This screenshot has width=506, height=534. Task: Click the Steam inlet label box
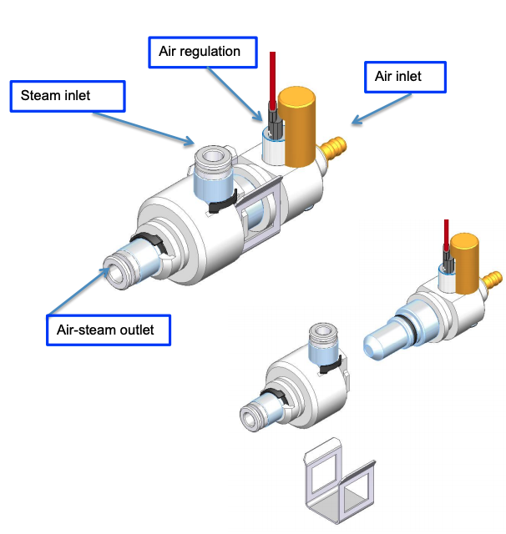coord(68,96)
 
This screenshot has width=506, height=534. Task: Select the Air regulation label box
coord(200,52)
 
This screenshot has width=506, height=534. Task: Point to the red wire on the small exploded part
coord(447,237)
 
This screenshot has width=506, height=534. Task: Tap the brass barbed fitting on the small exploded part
coord(493,278)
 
